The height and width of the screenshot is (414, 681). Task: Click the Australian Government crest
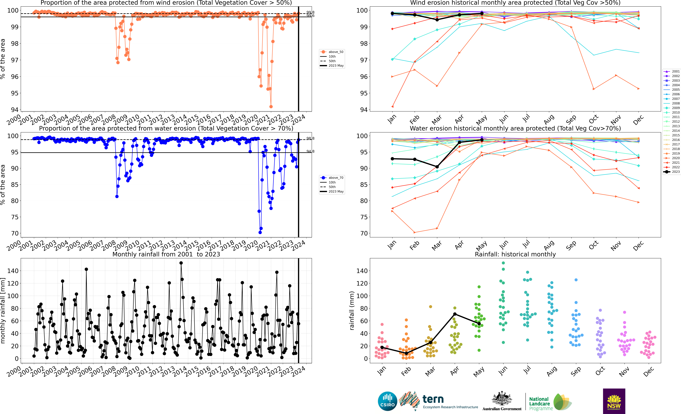tap(502, 399)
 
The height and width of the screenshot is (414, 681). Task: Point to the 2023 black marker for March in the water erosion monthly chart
tap(437, 167)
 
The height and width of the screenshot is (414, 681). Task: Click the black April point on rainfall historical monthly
tap(455, 314)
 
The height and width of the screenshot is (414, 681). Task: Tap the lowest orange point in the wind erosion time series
tap(271, 107)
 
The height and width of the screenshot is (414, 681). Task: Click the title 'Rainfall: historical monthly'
tap(515, 254)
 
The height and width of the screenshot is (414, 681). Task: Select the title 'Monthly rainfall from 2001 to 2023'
tap(166, 254)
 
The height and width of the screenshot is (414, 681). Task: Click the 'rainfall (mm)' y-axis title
tap(352, 311)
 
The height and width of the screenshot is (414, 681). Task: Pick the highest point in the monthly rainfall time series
tap(181, 263)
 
